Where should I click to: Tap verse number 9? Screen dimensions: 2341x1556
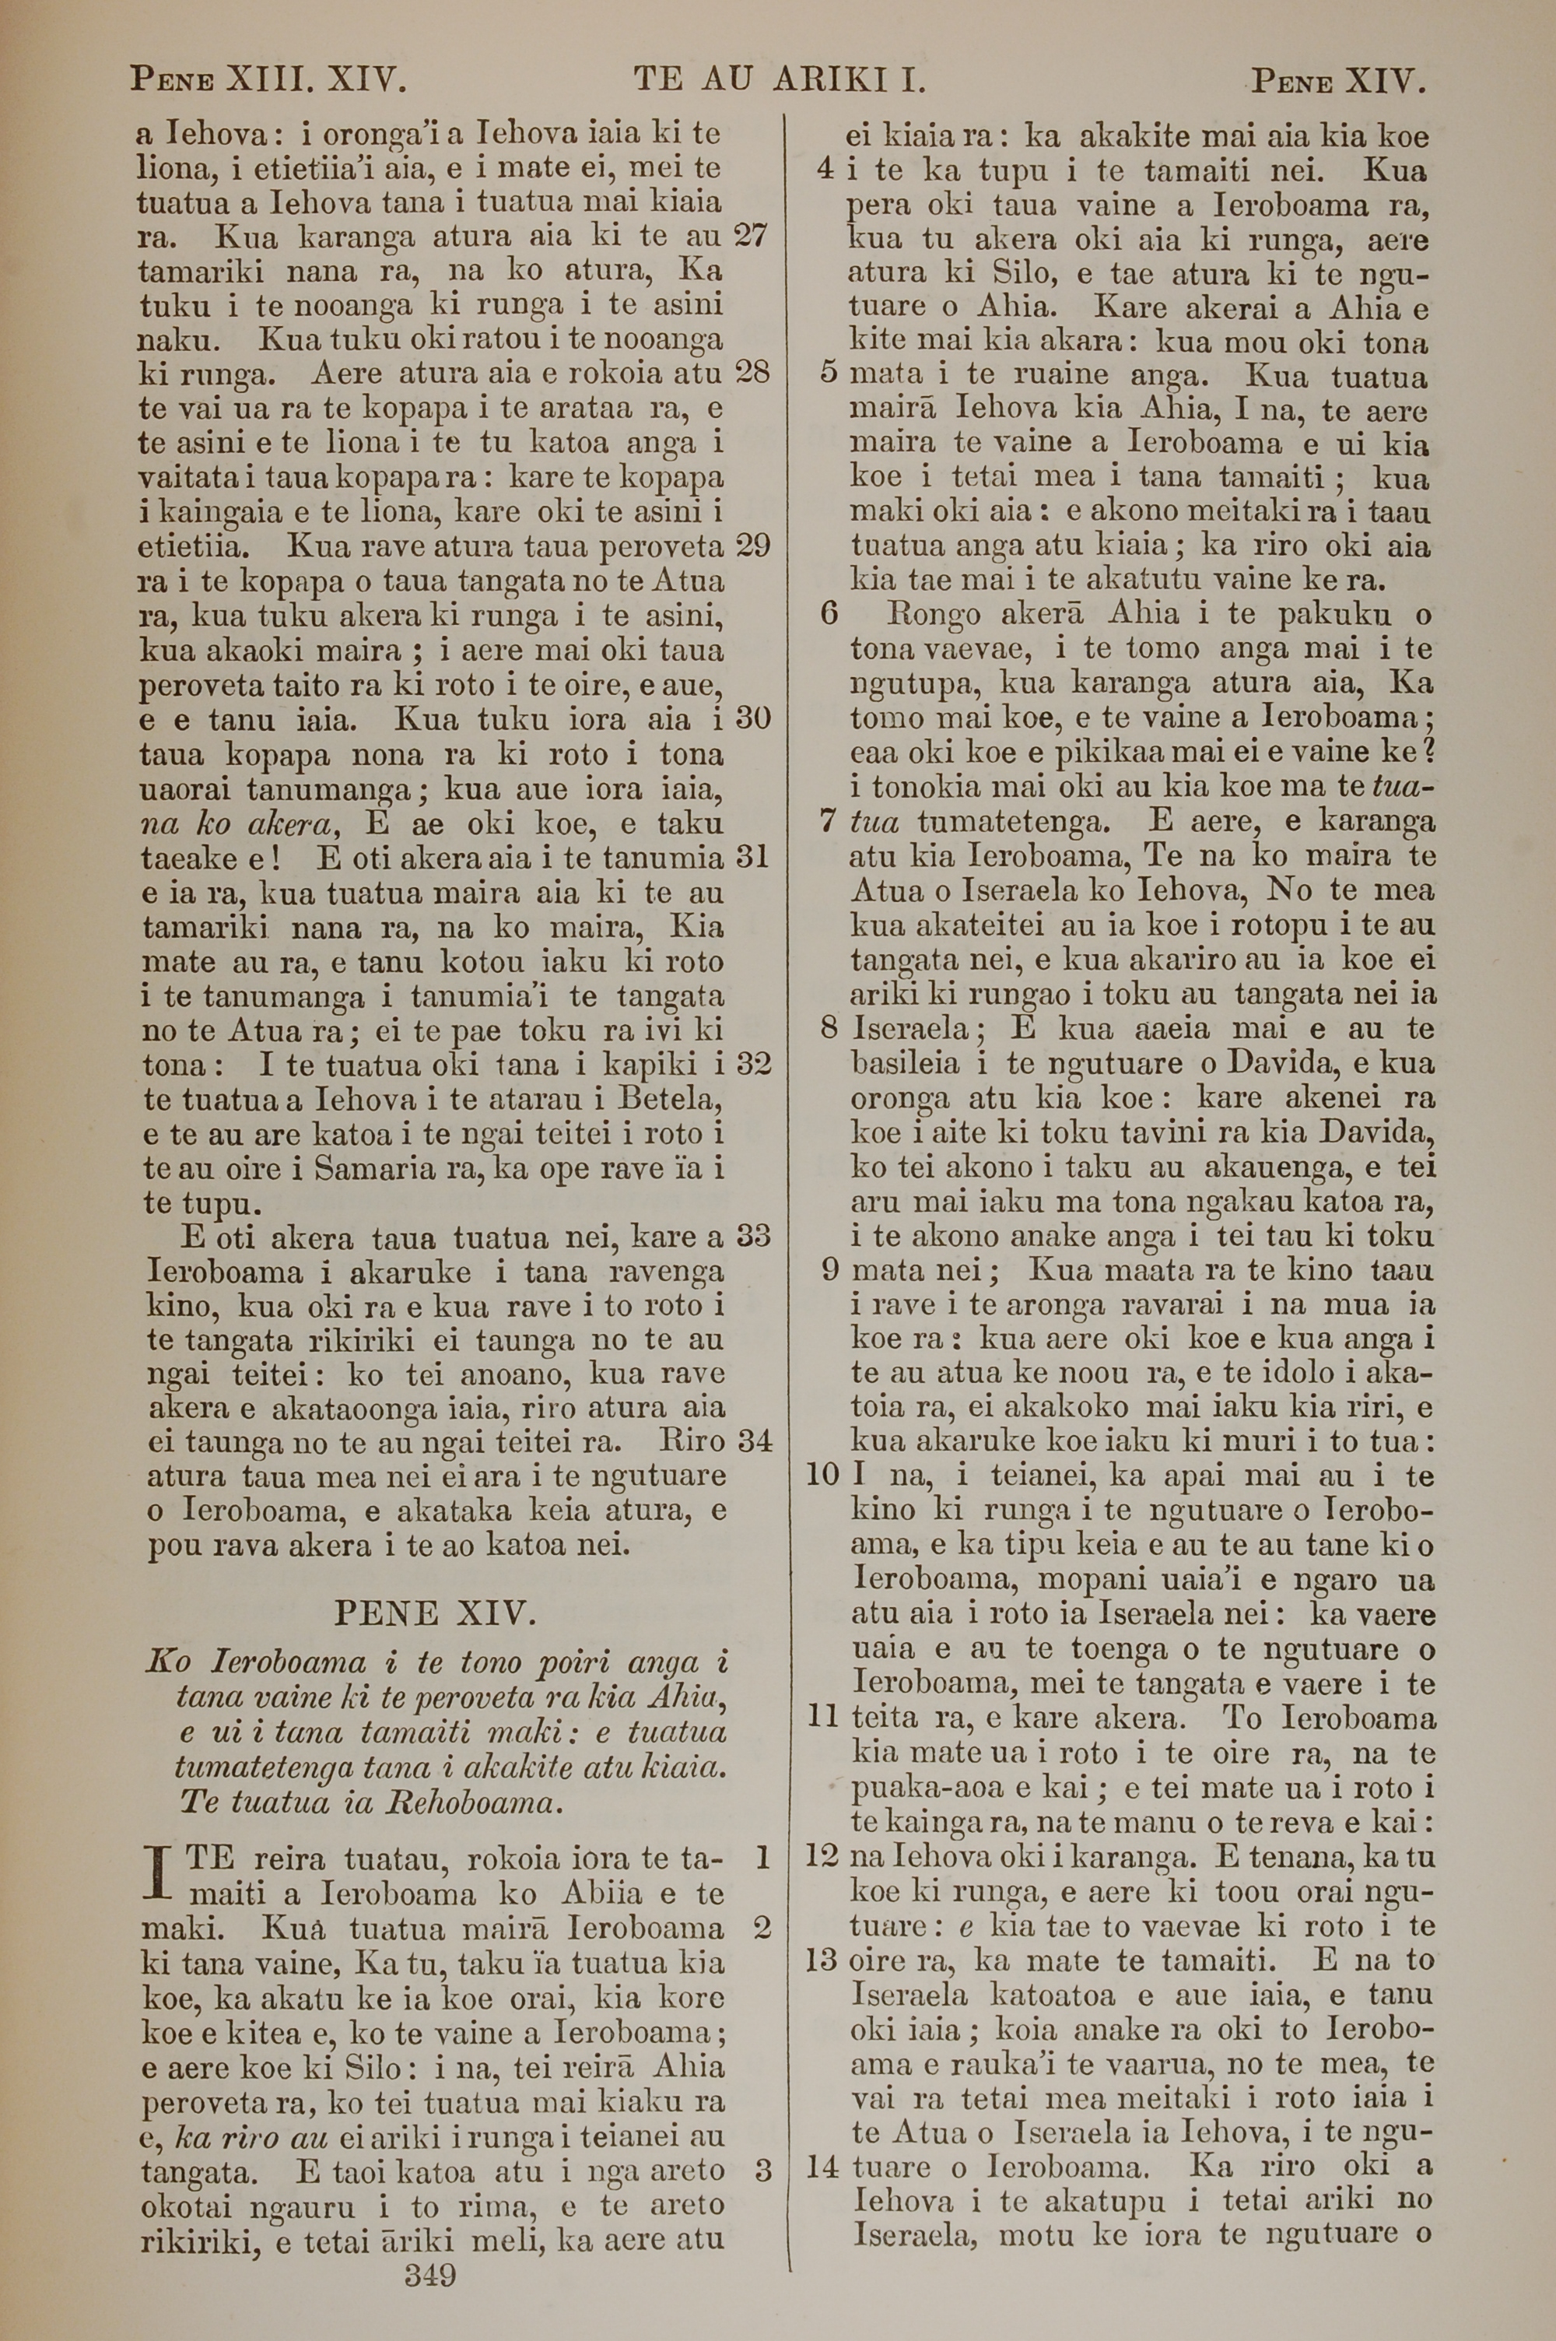[832, 1269]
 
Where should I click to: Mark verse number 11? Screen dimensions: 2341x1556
[822, 1717]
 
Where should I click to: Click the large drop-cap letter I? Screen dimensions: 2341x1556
[158, 1876]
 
